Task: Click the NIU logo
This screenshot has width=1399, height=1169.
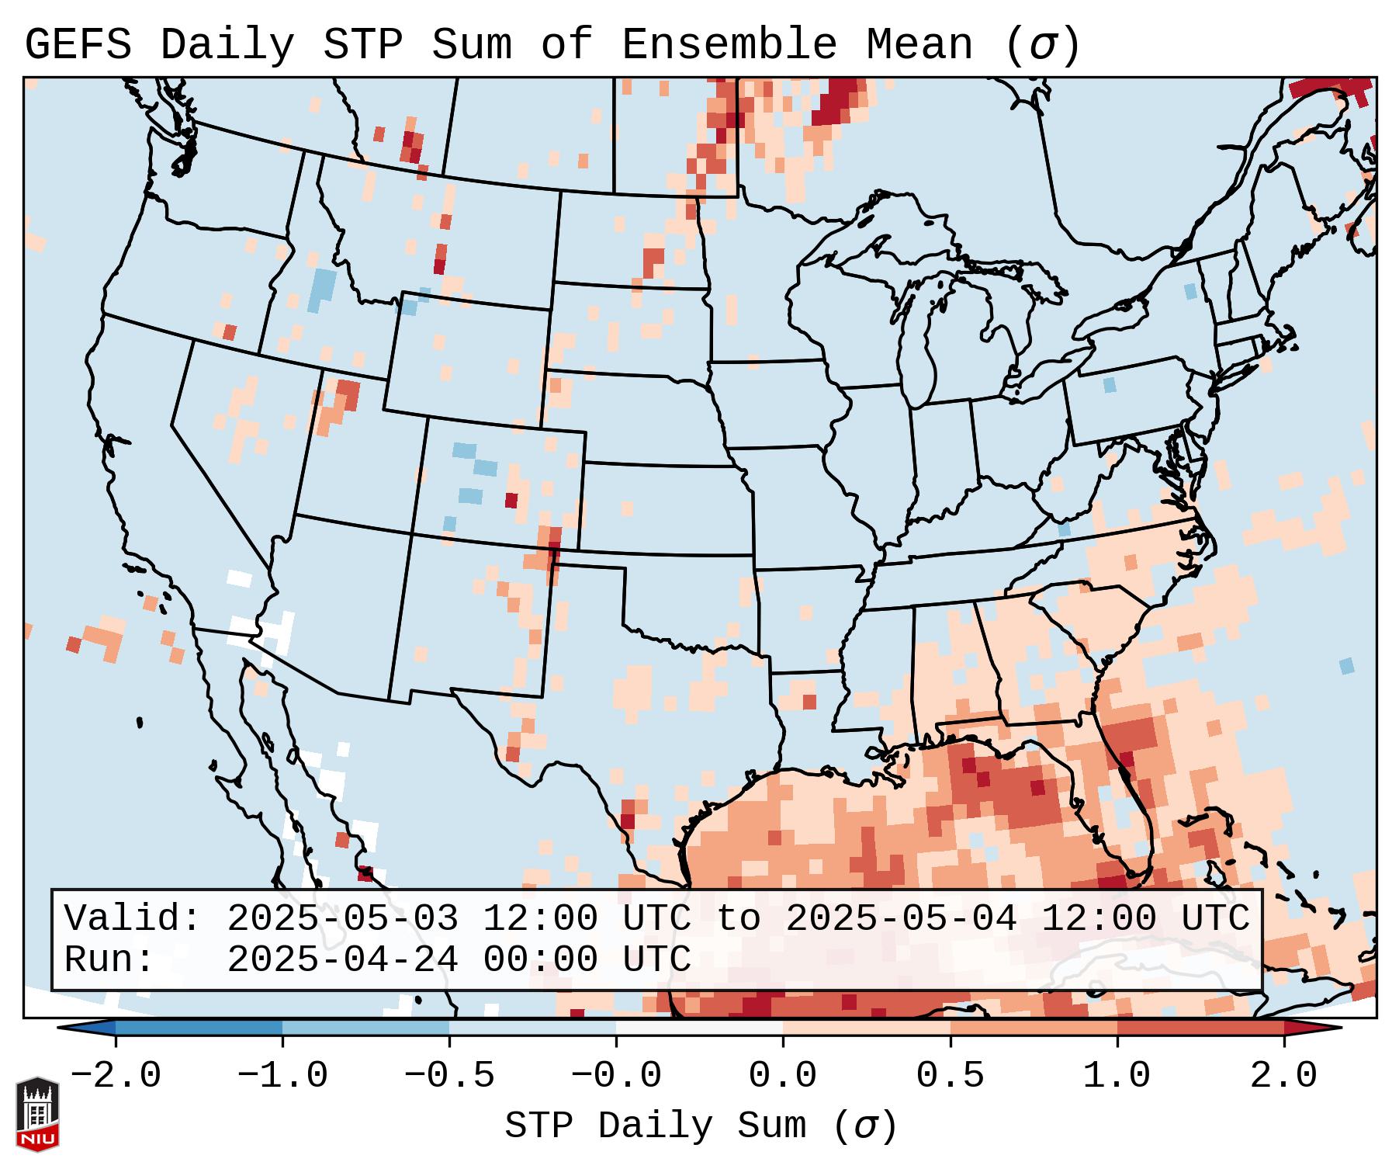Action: point(37,1114)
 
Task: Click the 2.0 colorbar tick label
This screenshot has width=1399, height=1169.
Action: point(1283,1076)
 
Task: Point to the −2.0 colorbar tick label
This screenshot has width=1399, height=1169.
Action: point(115,1076)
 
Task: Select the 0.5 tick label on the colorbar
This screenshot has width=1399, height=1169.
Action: point(950,1076)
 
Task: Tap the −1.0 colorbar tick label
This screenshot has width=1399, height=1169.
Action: point(282,1076)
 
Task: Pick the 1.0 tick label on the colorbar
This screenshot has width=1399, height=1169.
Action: point(1117,1076)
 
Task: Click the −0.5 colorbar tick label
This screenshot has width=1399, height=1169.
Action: point(448,1076)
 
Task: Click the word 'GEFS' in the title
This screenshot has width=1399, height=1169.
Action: point(78,45)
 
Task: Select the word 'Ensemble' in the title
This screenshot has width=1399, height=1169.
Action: point(729,45)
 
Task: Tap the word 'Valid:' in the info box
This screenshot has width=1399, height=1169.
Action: point(133,918)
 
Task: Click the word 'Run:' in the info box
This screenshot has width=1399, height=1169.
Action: point(109,960)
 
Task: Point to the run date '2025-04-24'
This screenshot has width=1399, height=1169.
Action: point(342,960)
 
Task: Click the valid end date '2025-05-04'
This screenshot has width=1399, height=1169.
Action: point(901,918)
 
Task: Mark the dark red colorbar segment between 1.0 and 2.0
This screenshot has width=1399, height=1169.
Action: point(1200,1028)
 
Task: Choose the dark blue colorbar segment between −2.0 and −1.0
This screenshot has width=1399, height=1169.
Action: point(199,1028)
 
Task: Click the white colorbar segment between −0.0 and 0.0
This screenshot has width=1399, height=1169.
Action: point(699,1028)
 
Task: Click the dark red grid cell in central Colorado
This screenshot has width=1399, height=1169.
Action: point(511,500)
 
